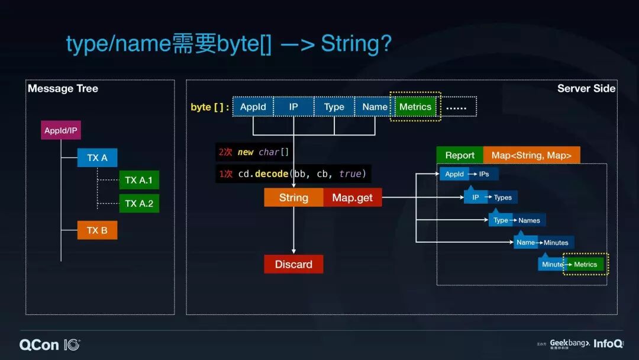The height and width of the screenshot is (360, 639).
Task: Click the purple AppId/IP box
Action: tap(61, 130)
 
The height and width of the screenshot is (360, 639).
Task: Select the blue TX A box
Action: tap(97, 158)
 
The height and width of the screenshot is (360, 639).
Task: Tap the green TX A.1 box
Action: tap(139, 180)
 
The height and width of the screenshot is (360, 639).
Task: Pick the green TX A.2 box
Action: tap(139, 203)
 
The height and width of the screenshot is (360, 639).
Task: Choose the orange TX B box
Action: tap(97, 230)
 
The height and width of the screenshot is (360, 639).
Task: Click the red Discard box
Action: tap(293, 264)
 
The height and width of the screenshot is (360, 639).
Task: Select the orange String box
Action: tap(293, 198)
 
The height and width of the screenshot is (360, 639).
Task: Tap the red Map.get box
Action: tap(353, 198)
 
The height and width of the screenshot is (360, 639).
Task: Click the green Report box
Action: tap(460, 155)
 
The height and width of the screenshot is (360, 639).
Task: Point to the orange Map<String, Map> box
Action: tap(531, 155)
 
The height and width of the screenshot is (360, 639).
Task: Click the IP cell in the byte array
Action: tap(293, 107)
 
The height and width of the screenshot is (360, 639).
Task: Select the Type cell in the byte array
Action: tap(334, 107)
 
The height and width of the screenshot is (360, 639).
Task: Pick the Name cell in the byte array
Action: tap(375, 107)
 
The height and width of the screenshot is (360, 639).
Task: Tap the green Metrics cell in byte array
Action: tap(415, 107)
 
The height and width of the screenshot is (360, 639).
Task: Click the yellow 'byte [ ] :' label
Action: tap(209, 107)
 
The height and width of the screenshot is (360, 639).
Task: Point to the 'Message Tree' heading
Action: tap(63, 89)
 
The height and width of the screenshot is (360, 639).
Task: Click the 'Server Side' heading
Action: tap(586, 89)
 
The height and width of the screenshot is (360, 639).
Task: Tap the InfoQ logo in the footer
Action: tap(608, 344)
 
